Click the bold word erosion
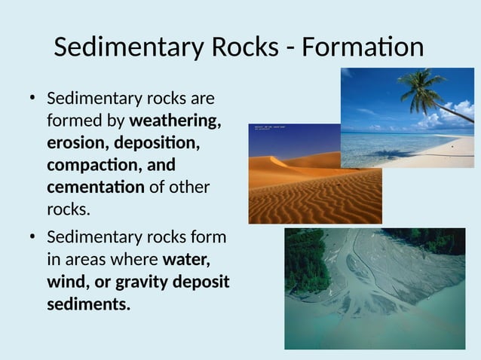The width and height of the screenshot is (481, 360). tap(76, 142)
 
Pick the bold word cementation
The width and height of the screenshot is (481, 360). tap(96, 186)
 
